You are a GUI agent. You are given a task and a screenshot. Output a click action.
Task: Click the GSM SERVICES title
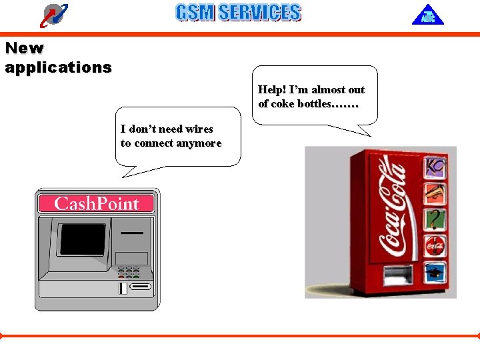click(x=238, y=13)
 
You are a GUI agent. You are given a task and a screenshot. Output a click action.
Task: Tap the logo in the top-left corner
click(x=54, y=15)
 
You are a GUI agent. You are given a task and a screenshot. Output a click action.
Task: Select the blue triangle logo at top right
click(x=427, y=15)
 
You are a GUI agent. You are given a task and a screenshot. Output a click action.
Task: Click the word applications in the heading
click(x=58, y=67)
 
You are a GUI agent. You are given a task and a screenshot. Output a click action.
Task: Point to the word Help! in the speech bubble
click(x=271, y=90)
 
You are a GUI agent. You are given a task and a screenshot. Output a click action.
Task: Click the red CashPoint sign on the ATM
click(x=96, y=203)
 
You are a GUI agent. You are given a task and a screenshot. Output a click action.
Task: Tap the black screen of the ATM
click(x=83, y=241)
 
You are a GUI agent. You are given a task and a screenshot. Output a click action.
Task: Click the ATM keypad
click(x=129, y=272)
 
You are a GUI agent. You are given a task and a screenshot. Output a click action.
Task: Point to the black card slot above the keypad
click(x=132, y=233)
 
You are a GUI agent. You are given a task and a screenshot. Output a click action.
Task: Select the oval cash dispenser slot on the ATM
click(x=140, y=287)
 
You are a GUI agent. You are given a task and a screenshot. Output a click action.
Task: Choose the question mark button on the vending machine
click(x=436, y=218)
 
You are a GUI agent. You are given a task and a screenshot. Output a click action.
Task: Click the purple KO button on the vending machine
click(x=436, y=167)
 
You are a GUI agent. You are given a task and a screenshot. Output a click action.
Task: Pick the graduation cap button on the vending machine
click(x=436, y=271)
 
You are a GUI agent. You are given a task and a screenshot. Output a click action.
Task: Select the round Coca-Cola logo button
click(x=436, y=245)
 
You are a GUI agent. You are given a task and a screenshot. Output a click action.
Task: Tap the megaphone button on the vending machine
click(x=436, y=193)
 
